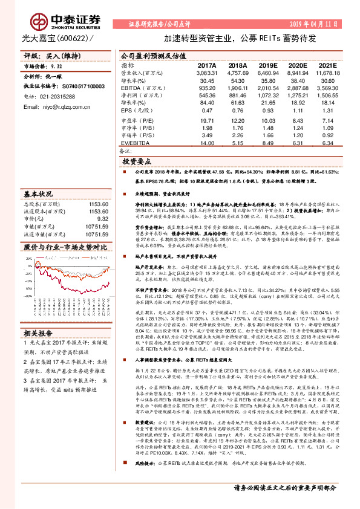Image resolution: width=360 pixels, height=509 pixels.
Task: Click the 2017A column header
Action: click(x=206, y=65)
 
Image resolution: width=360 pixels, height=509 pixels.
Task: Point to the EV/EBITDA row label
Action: click(x=136, y=143)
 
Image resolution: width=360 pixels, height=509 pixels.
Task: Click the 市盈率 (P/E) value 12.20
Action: click(x=238, y=121)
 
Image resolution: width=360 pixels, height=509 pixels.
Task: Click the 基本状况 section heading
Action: click(x=38, y=195)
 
